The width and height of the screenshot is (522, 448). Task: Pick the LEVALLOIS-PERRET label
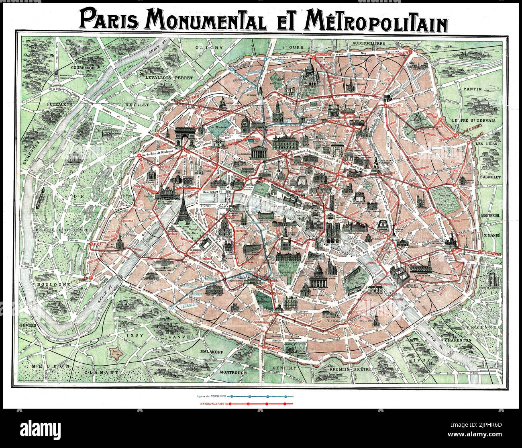[164, 77]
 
